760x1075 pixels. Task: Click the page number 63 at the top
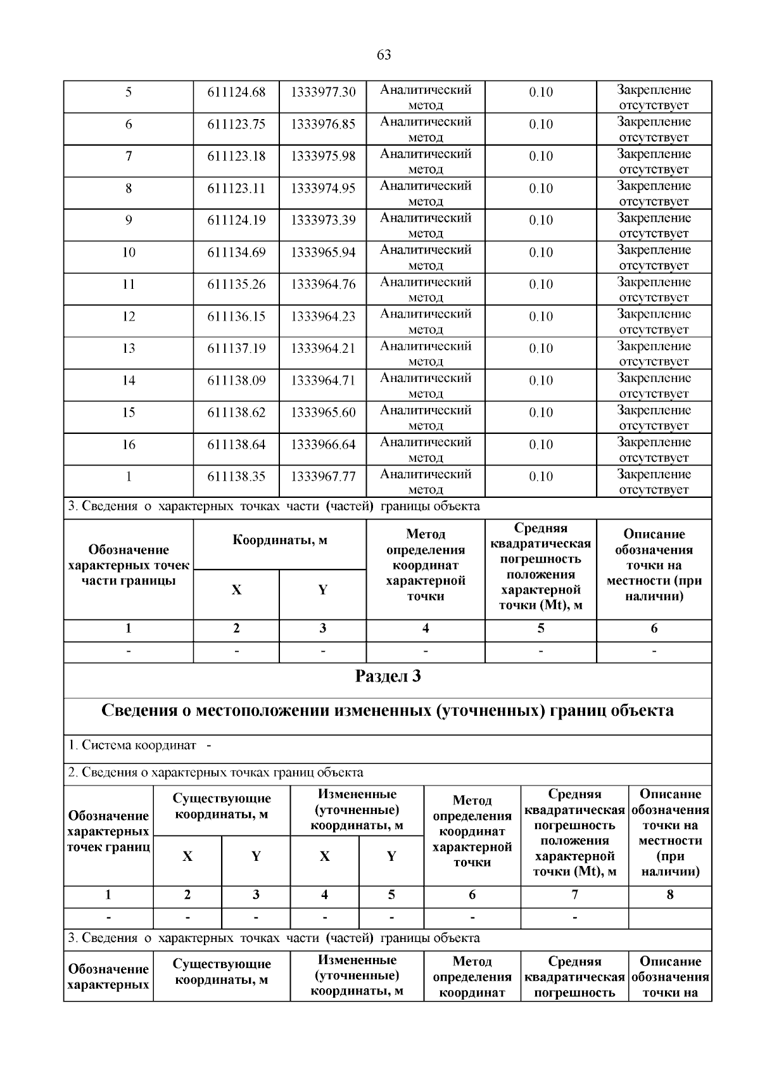383,55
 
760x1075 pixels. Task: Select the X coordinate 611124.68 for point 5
236,92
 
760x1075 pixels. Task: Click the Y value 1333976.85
323,124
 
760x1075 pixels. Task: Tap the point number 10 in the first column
129,253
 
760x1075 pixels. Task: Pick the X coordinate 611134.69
236,253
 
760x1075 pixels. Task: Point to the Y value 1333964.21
323,348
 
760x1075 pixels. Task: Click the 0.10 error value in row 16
541,445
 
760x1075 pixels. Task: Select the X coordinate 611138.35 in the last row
236,476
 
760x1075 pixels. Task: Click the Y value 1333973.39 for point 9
323,220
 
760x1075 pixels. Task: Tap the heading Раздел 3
388,677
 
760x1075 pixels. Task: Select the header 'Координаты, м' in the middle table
279,541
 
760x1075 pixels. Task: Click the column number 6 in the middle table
654,628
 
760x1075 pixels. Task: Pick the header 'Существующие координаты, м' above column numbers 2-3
222,806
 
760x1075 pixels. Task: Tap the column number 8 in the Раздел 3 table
670,895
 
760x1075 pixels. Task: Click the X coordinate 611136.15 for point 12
236,317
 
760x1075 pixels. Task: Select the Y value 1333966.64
323,445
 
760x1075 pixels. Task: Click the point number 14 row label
129,381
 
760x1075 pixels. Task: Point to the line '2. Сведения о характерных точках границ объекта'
216,772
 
